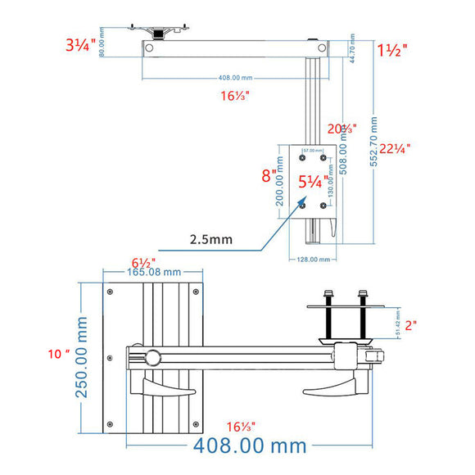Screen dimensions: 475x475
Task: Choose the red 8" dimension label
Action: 268,174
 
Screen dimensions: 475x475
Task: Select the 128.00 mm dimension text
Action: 314,259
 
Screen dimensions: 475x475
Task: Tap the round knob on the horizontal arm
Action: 153,358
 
